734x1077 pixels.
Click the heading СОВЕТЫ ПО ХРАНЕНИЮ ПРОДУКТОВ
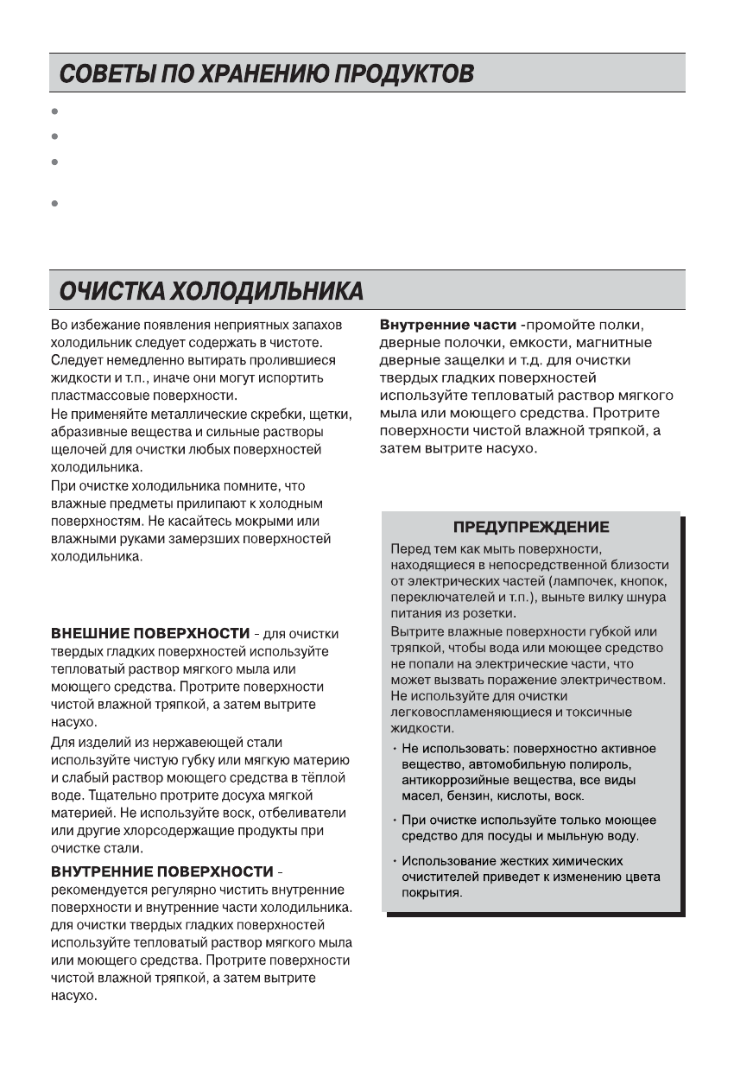(266, 74)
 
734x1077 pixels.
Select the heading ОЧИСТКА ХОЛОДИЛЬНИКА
(211, 291)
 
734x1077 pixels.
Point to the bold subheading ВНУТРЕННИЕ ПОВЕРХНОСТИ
(161, 871)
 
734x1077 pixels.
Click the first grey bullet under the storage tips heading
(54, 111)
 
